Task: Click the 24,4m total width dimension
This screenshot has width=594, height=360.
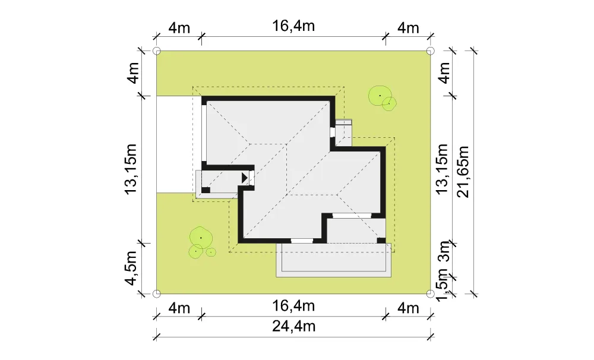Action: (x=293, y=326)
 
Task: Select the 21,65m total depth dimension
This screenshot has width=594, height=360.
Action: (x=463, y=172)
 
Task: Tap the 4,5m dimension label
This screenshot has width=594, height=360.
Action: (x=131, y=268)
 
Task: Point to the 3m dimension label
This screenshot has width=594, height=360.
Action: (x=444, y=251)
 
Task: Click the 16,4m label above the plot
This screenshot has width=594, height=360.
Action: (x=293, y=26)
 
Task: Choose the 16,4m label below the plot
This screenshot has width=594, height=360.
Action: (x=293, y=305)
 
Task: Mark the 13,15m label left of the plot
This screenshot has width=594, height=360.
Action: (x=131, y=169)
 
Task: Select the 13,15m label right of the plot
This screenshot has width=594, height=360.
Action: (x=443, y=169)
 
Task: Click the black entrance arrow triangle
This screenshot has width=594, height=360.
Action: (x=244, y=178)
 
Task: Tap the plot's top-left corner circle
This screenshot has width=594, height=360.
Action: (x=156, y=50)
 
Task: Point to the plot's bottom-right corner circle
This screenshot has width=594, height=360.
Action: (x=430, y=293)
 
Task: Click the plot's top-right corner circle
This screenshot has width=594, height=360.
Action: (x=430, y=50)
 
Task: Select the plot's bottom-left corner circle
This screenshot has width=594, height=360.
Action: (x=156, y=293)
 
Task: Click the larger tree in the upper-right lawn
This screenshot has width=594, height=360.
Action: (x=380, y=96)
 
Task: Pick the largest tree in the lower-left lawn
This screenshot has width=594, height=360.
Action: (x=201, y=238)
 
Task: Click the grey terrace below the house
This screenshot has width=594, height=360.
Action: (x=333, y=260)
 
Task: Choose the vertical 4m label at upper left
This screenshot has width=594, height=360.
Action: (x=133, y=73)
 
